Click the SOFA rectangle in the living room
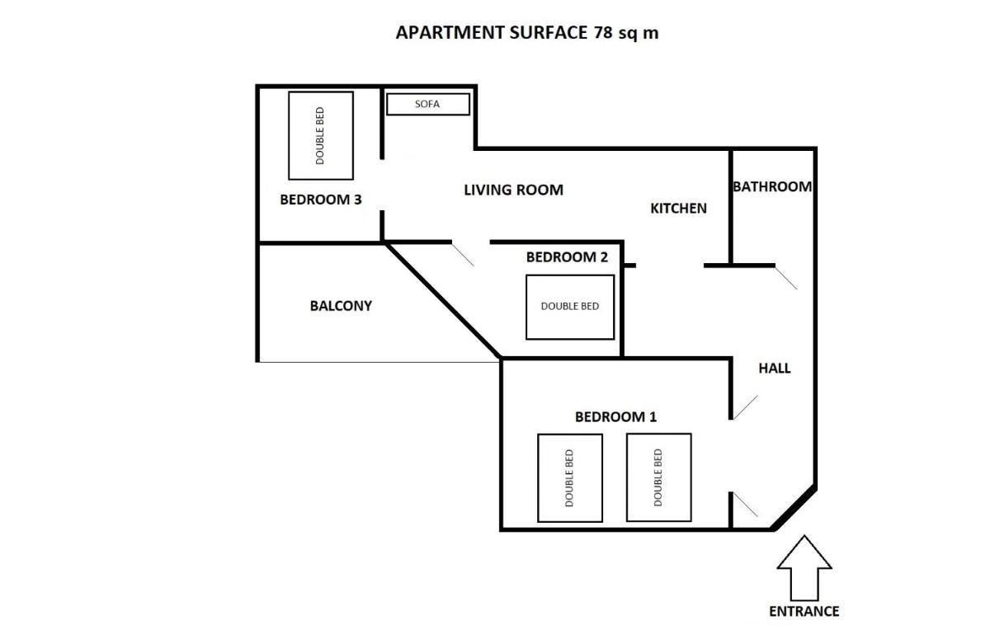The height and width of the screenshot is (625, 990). (x=428, y=104)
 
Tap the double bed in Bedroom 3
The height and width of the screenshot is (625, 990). (x=321, y=135)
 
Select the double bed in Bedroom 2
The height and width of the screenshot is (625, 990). (x=570, y=308)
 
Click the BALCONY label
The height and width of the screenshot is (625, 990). (x=341, y=306)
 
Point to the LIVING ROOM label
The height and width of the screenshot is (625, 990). (x=513, y=190)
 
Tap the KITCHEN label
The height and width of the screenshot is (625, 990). (x=678, y=208)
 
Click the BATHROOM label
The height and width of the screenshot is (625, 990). (x=772, y=186)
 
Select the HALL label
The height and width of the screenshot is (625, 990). (x=775, y=369)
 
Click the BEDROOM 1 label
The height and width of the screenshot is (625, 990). (x=615, y=416)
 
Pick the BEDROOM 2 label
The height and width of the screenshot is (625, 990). (x=567, y=256)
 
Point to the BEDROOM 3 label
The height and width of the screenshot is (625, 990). (x=321, y=200)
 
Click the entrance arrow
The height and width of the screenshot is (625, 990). (x=804, y=568)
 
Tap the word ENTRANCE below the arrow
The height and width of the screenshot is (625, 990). (x=804, y=611)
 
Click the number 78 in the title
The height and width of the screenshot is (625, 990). (x=603, y=32)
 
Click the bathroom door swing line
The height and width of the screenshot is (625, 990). (x=786, y=278)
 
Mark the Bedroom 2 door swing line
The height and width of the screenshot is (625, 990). (x=463, y=255)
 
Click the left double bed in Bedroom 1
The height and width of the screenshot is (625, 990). (x=570, y=478)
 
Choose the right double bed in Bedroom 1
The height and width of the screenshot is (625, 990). (x=659, y=477)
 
